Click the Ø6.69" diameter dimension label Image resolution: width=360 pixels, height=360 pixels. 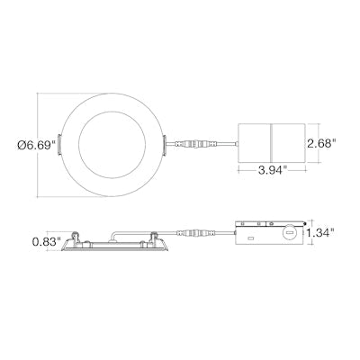click(37, 145)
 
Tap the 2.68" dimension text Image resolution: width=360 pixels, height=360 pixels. click(320, 143)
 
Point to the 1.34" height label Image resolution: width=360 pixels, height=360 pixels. click(320, 232)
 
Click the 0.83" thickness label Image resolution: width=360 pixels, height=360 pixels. click(47, 241)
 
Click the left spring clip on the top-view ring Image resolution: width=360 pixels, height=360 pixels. click(59, 145)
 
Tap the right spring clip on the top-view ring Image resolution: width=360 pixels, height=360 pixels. click(165, 146)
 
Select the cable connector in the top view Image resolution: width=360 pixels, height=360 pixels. click(195, 144)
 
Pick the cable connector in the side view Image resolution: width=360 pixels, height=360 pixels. click(196, 233)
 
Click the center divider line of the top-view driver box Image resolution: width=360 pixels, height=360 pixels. click(271, 144)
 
